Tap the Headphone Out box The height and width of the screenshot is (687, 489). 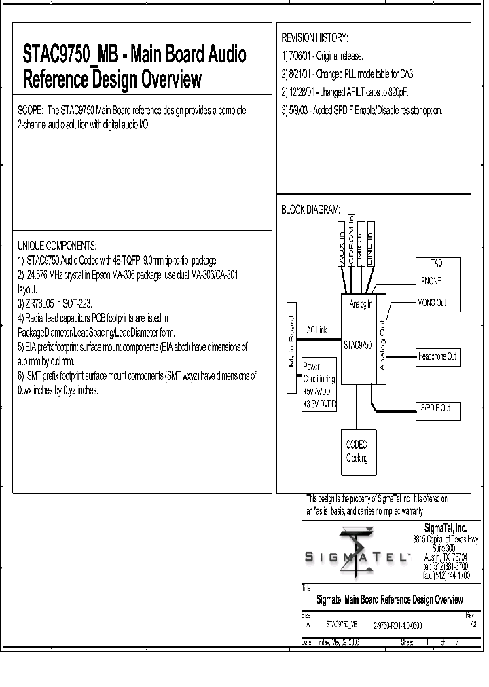coord(437,356)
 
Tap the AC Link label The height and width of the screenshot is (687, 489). coord(316,330)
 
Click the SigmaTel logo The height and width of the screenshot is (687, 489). coord(358,551)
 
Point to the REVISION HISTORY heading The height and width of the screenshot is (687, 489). coord(314,37)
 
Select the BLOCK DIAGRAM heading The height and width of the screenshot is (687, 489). coord(310,210)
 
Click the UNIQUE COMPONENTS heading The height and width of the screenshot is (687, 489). coord(57,245)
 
